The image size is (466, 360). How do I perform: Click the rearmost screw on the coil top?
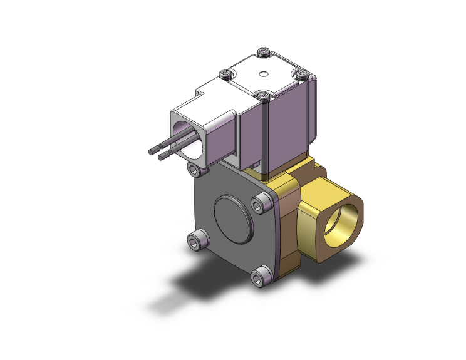point(263,51)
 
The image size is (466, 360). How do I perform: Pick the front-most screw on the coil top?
point(265,95)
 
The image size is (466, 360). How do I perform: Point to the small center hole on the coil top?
point(264,74)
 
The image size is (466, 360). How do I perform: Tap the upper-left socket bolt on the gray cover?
point(195,170)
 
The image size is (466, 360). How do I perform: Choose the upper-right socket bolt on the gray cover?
point(259,205)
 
